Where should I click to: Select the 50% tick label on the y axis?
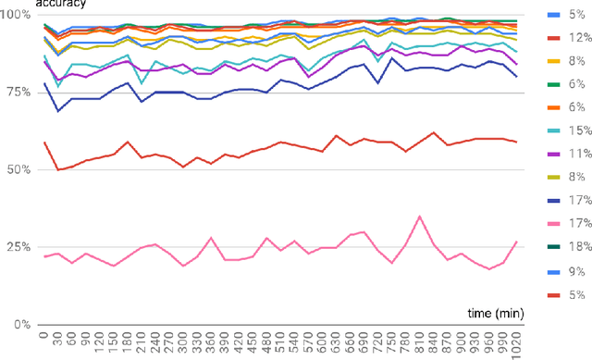tap(20, 170)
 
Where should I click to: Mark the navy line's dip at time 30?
tap(58, 111)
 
